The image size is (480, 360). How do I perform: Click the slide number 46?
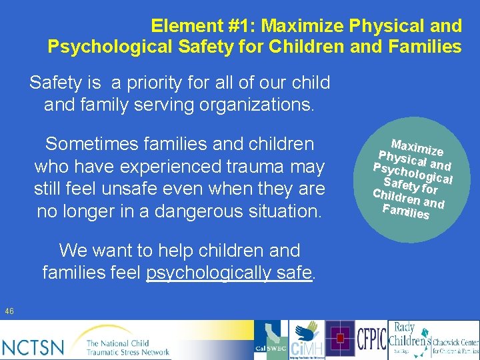click(x=9, y=311)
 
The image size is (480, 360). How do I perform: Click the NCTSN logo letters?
click(x=33, y=346)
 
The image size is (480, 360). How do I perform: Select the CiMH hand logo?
click(x=307, y=340)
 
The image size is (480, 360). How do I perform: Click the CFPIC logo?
click(x=371, y=340)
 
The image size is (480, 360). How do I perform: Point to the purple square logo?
click(x=341, y=339)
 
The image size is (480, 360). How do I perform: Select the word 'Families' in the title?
click(x=427, y=47)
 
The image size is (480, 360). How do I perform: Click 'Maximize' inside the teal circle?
click(x=417, y=137)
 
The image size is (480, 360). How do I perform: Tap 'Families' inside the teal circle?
click(x=406, y=213)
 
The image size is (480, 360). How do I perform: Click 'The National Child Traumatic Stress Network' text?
click(x=127, y=347)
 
